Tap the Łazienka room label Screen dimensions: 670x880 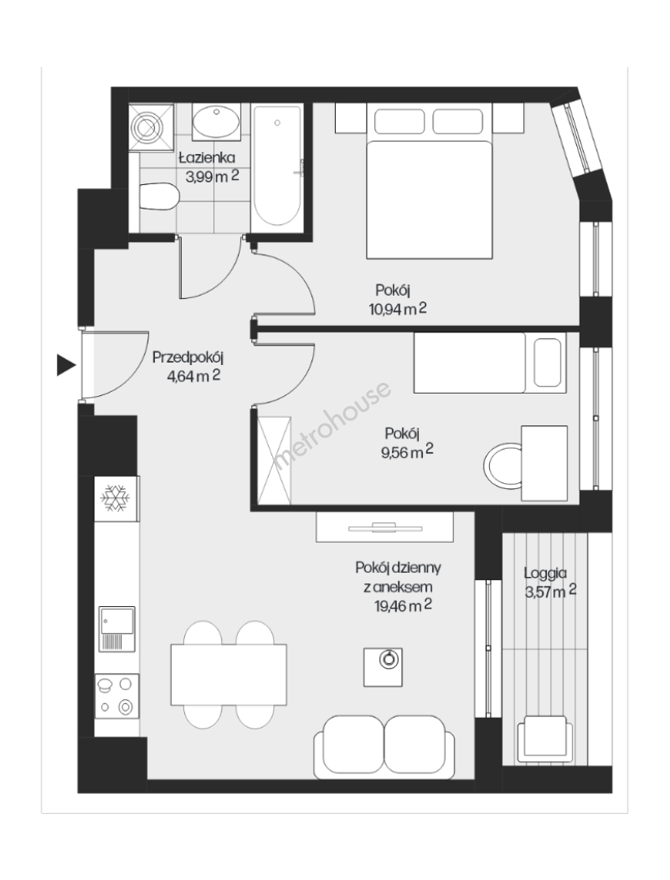point(207,158)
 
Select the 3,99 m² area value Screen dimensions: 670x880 point(212,176)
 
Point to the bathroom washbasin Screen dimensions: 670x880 point(216,121)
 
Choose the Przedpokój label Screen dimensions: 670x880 point(189,357)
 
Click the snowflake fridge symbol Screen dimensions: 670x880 point(115,497)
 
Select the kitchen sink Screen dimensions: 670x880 point(117,629)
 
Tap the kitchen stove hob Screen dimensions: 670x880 point(117,697)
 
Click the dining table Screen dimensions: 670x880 point(228,675)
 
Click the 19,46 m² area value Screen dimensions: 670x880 point(403,605)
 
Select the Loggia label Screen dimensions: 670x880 point(545,573)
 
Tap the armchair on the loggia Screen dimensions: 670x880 point(544,739)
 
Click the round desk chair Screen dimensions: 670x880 point(503,464)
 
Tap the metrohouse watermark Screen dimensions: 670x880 point(332,425)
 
